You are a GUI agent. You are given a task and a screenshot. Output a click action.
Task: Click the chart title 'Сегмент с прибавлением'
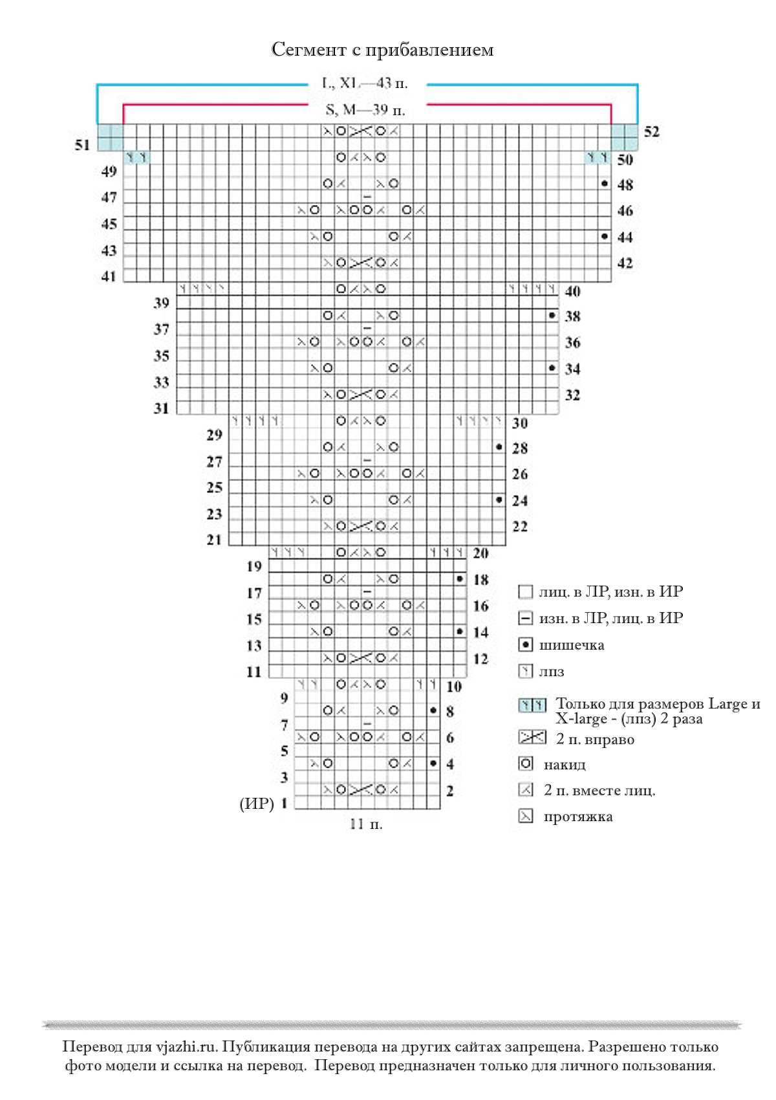[382, 50]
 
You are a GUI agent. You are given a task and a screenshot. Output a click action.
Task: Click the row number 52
[652, 131]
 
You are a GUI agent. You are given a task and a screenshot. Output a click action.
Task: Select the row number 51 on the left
[82, 145]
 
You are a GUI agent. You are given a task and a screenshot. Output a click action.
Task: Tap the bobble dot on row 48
[605, 184]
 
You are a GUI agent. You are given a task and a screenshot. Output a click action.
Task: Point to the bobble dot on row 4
[433, 764]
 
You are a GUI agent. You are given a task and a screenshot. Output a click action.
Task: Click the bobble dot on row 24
[499, 500]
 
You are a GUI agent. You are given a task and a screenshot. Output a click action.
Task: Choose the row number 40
[572, 291]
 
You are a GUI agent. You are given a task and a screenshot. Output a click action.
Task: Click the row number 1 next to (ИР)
[284, 804]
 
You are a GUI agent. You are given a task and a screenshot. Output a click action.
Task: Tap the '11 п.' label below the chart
[366, 824]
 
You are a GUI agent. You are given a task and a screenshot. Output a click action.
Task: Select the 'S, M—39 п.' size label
[365, 110]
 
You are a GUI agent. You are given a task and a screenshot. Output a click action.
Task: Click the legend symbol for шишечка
[526, 644]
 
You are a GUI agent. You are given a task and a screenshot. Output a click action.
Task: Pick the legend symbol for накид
[526, 764]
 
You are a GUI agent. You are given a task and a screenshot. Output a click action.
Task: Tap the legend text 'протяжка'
[578, 817]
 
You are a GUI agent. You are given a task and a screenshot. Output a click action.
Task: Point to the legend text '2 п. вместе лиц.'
[599, 790]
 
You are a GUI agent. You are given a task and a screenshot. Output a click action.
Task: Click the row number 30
[520, 423]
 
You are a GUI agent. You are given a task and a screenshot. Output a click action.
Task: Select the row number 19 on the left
[254, 567]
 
